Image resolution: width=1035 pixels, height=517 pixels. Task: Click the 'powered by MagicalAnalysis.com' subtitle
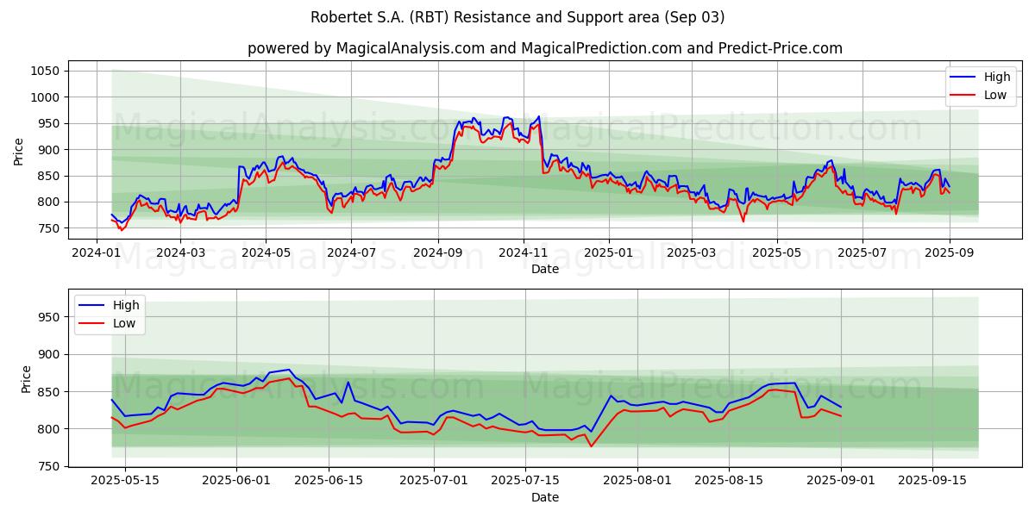click(x=544, y=48)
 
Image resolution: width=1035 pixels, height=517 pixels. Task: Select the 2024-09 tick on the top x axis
click(x=437, y=252)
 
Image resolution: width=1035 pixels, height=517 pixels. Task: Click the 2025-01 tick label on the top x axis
click(x=608, y=252)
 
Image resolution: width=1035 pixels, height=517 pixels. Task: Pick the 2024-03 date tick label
click(x=180, y=252)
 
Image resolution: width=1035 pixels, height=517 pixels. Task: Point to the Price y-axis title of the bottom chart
click(x=26, y=379)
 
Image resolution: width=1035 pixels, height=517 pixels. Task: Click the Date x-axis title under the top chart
click(x=544, y=269)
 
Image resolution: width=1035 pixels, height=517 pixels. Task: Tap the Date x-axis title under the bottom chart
click(x=544, y=497)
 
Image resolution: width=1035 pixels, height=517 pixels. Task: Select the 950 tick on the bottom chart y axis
click(x=51, y=317)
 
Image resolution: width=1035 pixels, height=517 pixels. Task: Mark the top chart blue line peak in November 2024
click(x=539, y=116)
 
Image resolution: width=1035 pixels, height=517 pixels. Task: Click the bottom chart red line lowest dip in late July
click(x=591, y=446)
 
